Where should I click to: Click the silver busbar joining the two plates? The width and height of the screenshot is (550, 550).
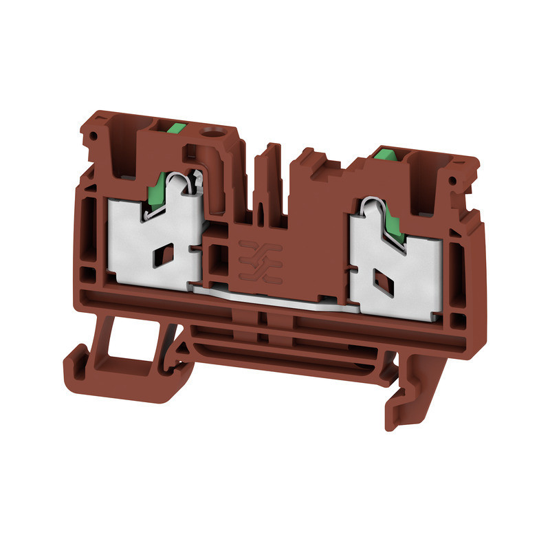click(x=275, y=297)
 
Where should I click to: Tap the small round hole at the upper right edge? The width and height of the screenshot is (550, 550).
click(x=454, y=181)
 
